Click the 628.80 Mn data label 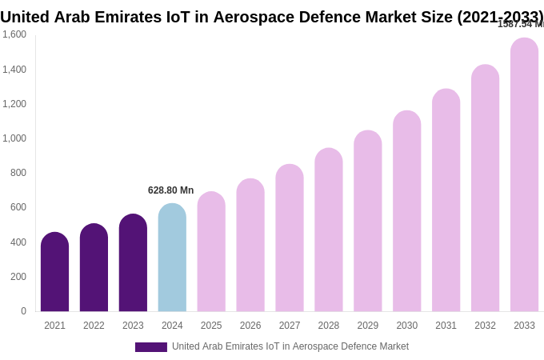coord(170,190)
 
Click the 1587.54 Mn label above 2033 coord(520,24)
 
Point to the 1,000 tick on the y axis coord(14,138)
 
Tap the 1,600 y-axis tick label coord(14,34)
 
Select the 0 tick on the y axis coord(23,311)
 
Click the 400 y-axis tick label coord(18,242)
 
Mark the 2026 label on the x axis coord(250,326)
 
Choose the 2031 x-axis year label coord(446,326)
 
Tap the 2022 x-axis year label coord(94,326)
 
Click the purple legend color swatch coord(151,347)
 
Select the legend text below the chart coord(290,346)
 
